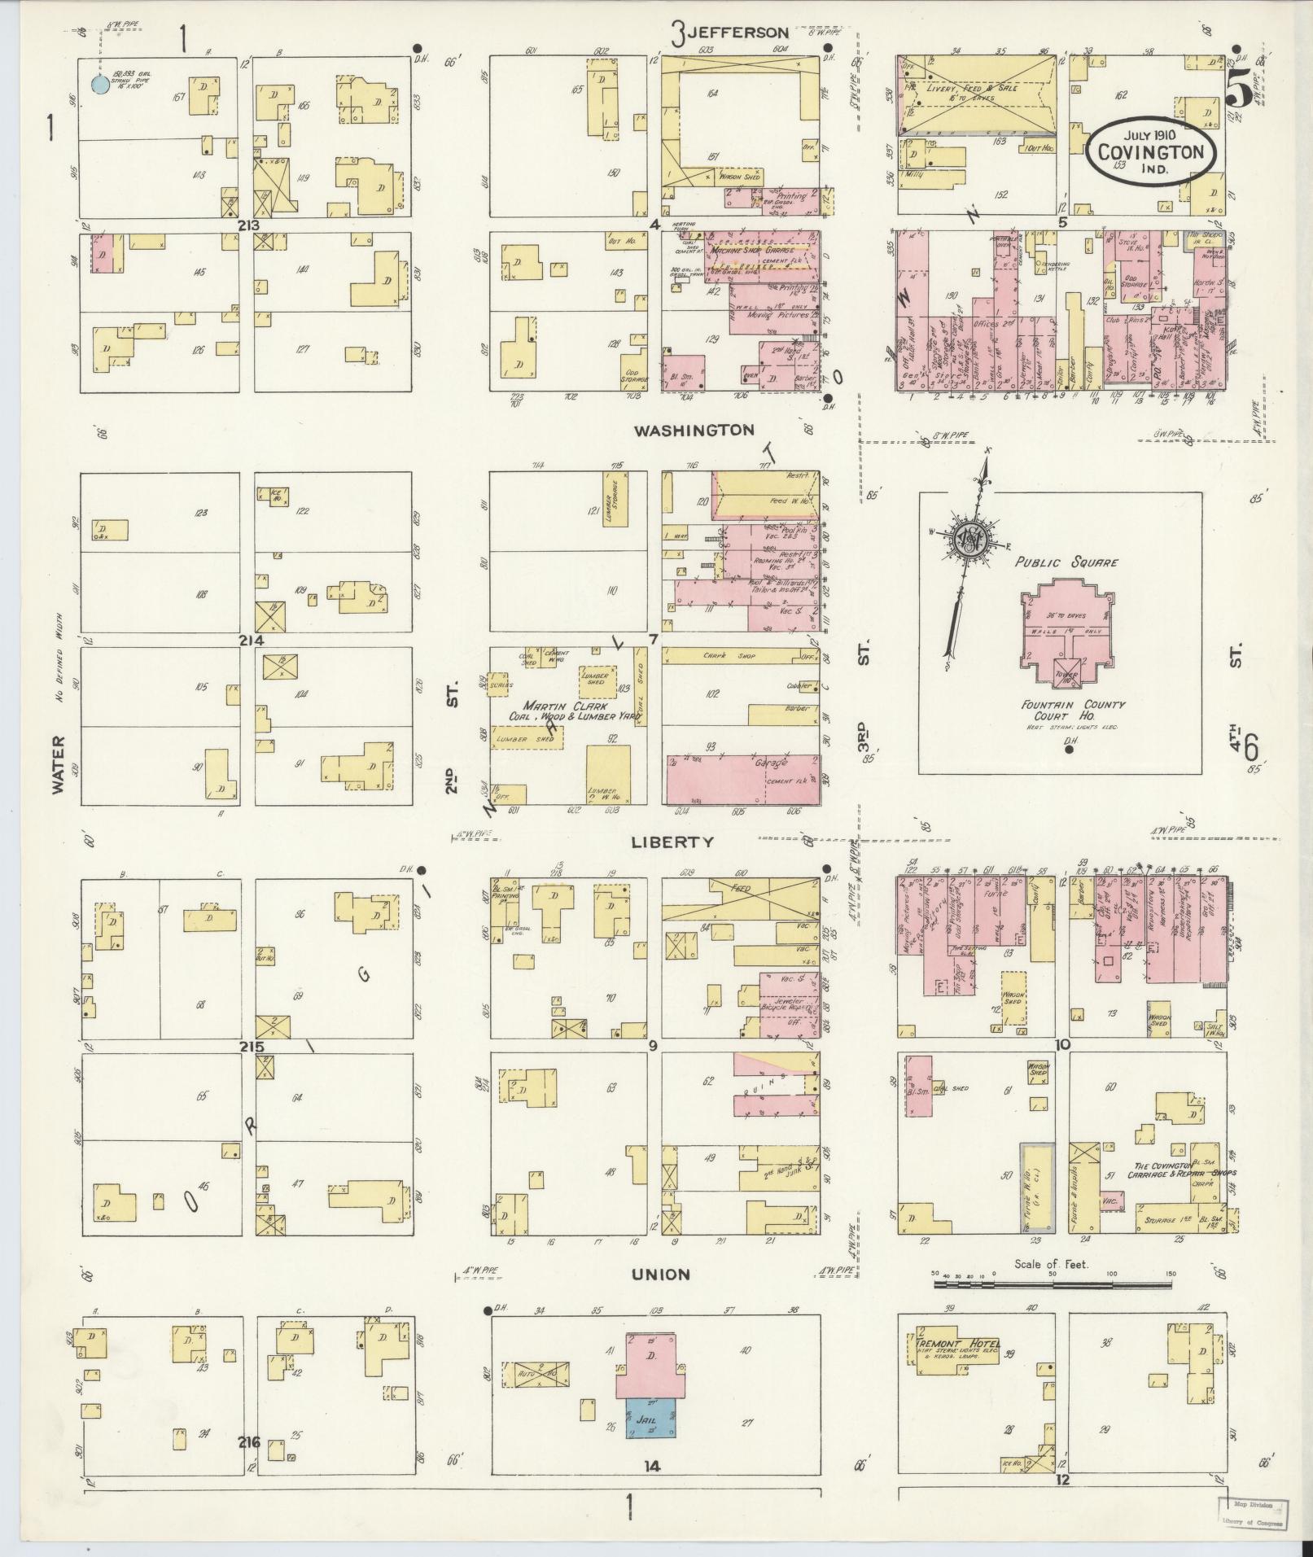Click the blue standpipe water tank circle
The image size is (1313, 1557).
[x=98, y=83]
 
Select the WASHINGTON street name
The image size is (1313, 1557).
[x=694, y=430]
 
